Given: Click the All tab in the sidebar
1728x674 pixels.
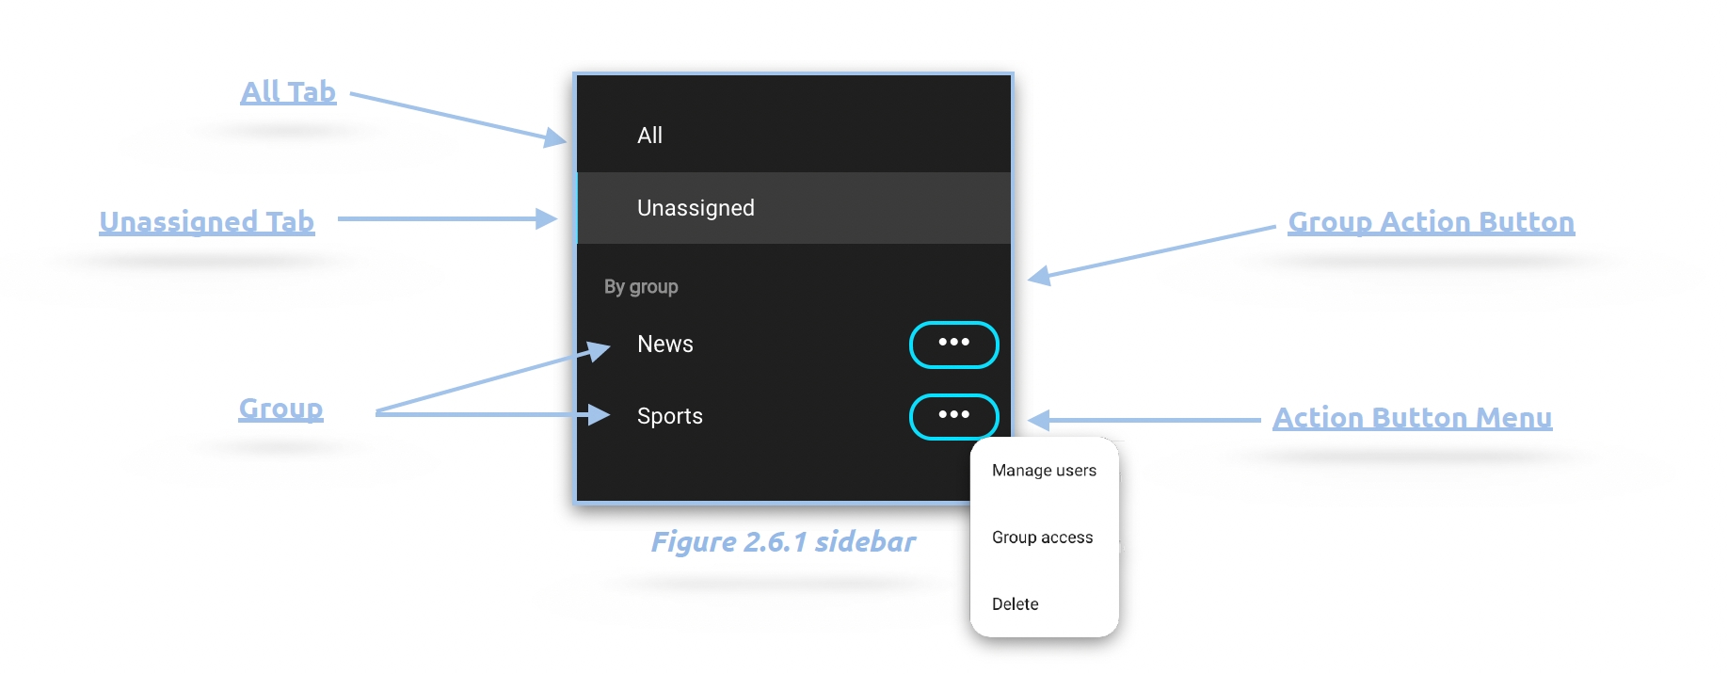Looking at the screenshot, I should (650, 136).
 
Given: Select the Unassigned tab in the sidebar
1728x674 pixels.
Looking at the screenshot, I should (696, 208).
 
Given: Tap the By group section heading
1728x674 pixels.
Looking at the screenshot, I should (641, 286).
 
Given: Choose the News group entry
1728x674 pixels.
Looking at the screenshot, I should (665, 345).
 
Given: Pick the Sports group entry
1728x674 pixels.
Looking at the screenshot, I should (670, 416).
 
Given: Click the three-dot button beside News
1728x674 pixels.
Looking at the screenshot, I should (953, 345).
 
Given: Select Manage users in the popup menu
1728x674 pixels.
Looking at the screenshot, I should (1044, 471).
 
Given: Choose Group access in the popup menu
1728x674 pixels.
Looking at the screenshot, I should (1042, 538).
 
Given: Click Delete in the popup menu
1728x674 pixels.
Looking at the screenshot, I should (1015, 604).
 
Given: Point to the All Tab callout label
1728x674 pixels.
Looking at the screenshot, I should (288, 92).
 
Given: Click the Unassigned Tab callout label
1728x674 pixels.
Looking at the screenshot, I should (207, 222).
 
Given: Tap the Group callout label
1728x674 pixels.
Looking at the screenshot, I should (280, 409).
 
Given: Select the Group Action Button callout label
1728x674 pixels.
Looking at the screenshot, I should (1431, 222).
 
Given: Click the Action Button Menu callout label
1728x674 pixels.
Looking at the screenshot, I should (1412, 418).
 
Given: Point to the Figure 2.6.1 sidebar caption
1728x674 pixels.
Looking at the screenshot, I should (783, 542).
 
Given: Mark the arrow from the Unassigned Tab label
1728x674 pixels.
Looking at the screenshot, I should (447, 219).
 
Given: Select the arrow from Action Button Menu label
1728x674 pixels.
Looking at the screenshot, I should (1144, 420).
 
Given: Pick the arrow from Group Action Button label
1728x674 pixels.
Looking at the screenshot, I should (1153, 251).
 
